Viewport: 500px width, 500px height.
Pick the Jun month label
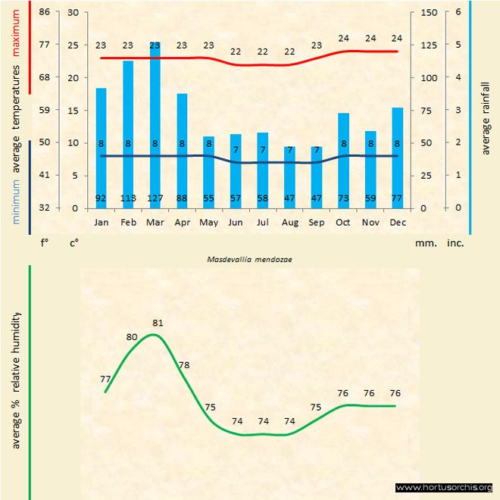236,223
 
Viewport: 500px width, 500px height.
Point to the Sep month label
316,223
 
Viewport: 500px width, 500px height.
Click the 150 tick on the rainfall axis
428,12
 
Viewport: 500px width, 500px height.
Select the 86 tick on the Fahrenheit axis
45,12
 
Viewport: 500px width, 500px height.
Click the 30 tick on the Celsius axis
73,12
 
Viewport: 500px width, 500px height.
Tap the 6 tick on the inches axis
458,12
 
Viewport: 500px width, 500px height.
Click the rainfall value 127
155,198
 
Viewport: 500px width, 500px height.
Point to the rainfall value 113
128,198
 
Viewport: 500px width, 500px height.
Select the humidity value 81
158,323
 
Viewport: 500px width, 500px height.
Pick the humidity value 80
132,337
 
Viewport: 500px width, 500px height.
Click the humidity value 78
183,365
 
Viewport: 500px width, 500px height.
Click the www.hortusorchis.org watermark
444,487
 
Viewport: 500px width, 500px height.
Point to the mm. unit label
425,244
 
